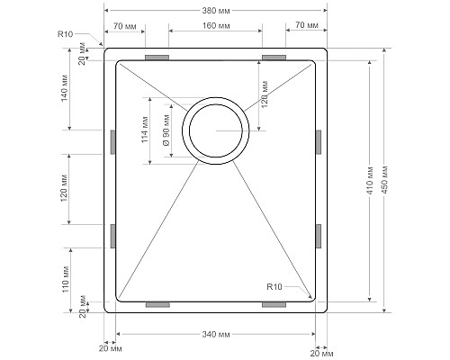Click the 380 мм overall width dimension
(216, 11)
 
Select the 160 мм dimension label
(216, 26)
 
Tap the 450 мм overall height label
(385, 179)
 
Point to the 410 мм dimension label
(370, 181)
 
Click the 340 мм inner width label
(216, 334)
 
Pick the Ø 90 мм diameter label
(166, 130)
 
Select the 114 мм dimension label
(145, 130)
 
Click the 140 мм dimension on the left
(65, 87)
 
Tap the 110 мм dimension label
(66, 280)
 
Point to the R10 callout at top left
(65, 34)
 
